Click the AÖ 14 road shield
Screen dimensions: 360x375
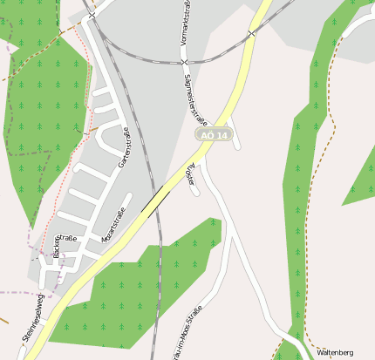pyautogui.click(x=214, y=135)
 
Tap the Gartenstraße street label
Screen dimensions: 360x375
pyautogui.click(x=125, y=147)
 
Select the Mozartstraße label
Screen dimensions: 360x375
pyautogui.click(x=114, y=224)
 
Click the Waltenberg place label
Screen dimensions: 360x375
pyautogui.click(x=335, y=352)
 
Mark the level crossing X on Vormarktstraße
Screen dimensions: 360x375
pyautogui.click(x=184, y=62)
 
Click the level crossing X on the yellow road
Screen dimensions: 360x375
pyautogui.click(x=250, y=34)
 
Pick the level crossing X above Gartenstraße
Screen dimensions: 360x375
pyautogui.click(x=91, y=16)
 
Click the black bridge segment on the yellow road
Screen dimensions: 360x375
pyautogui.click(x=155, y=202)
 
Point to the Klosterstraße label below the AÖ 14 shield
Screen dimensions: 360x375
pyautogui.click(x=191, y=173)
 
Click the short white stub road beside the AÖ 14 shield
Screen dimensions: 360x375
pyautogui.click(x=236, y=142)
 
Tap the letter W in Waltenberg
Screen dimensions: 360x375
pyautogui.click(x=319, y=352)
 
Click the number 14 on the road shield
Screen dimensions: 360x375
pyautogui.click(x=222, y=135)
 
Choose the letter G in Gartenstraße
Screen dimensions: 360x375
pyautogui.click(x=120, y=164)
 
